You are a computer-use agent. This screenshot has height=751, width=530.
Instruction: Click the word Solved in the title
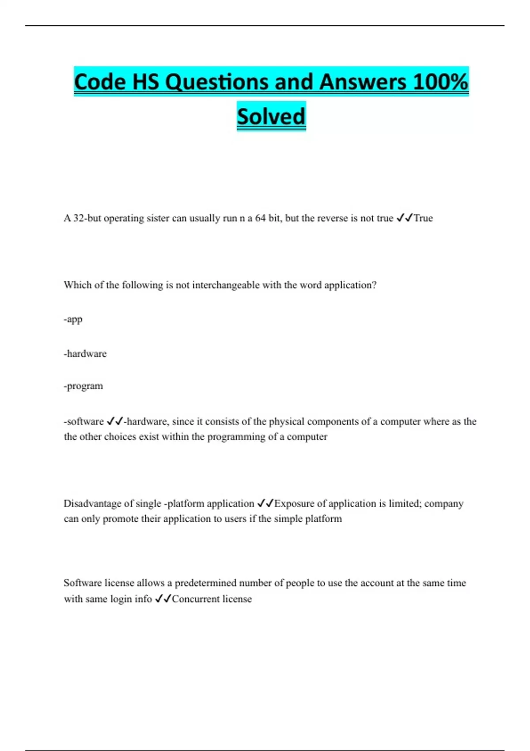[271, 117]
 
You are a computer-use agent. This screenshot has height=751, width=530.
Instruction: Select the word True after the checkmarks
[423, 218]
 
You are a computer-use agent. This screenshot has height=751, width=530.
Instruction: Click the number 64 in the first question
[260, 218]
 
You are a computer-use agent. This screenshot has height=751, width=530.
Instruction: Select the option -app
[73, 319]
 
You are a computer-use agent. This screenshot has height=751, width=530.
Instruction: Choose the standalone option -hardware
[85, 354]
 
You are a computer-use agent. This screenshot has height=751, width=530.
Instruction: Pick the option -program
[83, 386]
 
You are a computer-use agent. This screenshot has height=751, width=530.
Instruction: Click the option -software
[83, 421]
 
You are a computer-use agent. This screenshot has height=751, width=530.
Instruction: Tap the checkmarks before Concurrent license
[163, 599]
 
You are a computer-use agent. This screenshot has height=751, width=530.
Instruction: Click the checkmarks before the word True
[404, 218]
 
